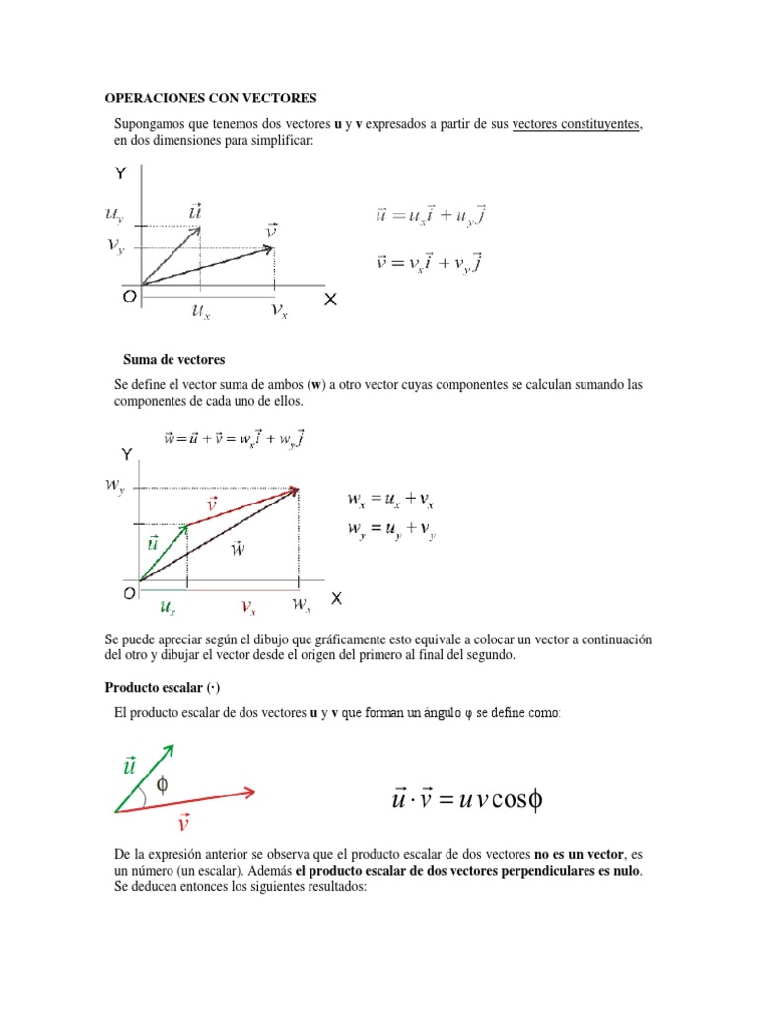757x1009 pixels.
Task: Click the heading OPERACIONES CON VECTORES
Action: click(211, 99)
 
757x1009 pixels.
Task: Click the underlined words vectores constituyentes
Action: click(577, 125)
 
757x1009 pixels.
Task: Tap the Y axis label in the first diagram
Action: click(120, 174)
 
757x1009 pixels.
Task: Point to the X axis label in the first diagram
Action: click(331, 297)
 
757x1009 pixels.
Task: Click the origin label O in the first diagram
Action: click(129, 295)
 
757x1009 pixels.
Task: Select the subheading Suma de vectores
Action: click(174, 359)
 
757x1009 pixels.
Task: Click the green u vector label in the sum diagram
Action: click(153, 542)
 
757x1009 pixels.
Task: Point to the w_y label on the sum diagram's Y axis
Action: click(116, 486)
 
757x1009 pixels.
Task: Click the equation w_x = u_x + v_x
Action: click(391, 500)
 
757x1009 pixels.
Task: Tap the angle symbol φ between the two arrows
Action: click(163, 785)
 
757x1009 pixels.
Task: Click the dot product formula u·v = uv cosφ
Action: click(467, 799)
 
